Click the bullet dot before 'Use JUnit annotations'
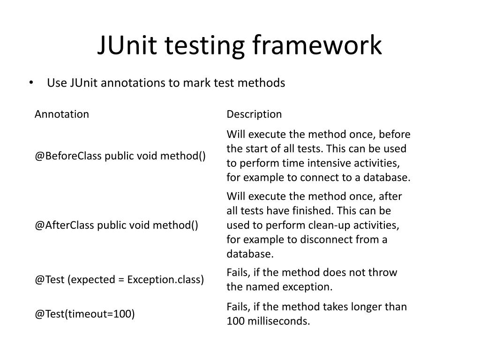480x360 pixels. point(31,83)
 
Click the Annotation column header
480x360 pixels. point(61,114)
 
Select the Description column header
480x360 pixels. point(254,114)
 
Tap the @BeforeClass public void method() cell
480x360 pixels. point(120,156)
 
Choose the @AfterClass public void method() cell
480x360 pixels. point(116,225)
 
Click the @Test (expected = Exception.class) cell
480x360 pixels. point(119,280)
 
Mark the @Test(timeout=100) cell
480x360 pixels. point(84,314)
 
